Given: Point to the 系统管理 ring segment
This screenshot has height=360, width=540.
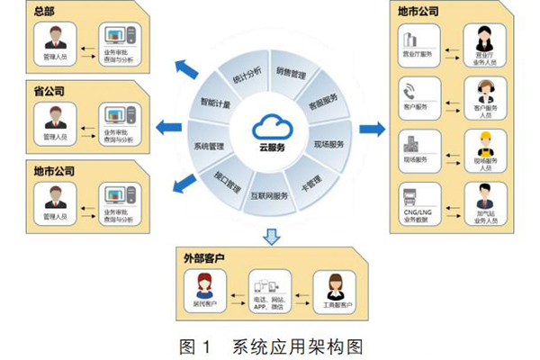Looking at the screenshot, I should pos(206,147).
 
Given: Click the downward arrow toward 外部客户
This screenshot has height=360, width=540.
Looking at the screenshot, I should pos(269,237).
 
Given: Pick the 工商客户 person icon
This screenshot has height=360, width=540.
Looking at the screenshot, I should pos(335,287).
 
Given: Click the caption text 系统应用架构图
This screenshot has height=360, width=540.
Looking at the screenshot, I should pos(297,345).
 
